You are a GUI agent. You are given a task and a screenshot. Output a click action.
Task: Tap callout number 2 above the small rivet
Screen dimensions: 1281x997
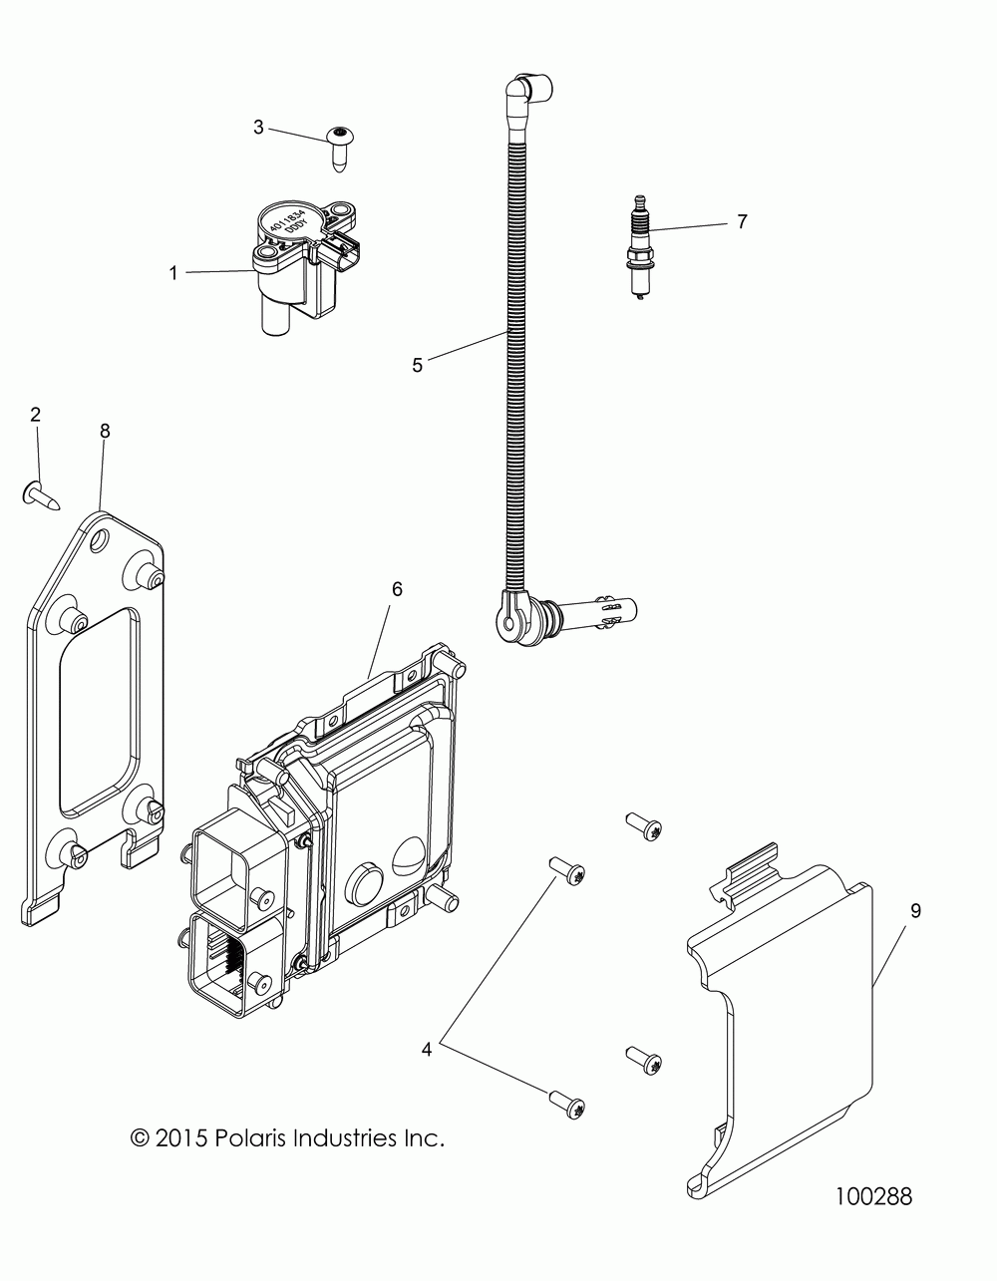(x=36, y=415)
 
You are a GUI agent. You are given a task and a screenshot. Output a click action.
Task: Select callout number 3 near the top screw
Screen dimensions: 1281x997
(x=259, y=128)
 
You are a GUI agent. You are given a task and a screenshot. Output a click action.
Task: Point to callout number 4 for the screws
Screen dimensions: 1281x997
(x=427, y=1021)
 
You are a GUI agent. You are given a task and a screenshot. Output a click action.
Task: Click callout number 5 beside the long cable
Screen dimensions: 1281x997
(x=417, y=365)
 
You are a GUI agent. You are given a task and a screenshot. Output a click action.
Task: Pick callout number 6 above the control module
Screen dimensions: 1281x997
(x=396, y=589)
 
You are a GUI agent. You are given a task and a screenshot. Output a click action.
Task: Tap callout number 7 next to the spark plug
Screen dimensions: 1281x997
(x=770, y=221)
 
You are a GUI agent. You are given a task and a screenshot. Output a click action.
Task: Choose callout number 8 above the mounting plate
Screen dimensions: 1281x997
(x=105, y=431)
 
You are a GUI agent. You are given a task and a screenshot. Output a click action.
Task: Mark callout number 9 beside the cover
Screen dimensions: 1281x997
(x=915, y=910)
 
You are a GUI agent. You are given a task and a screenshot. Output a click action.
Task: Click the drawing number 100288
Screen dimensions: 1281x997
(x=873, y=1195)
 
